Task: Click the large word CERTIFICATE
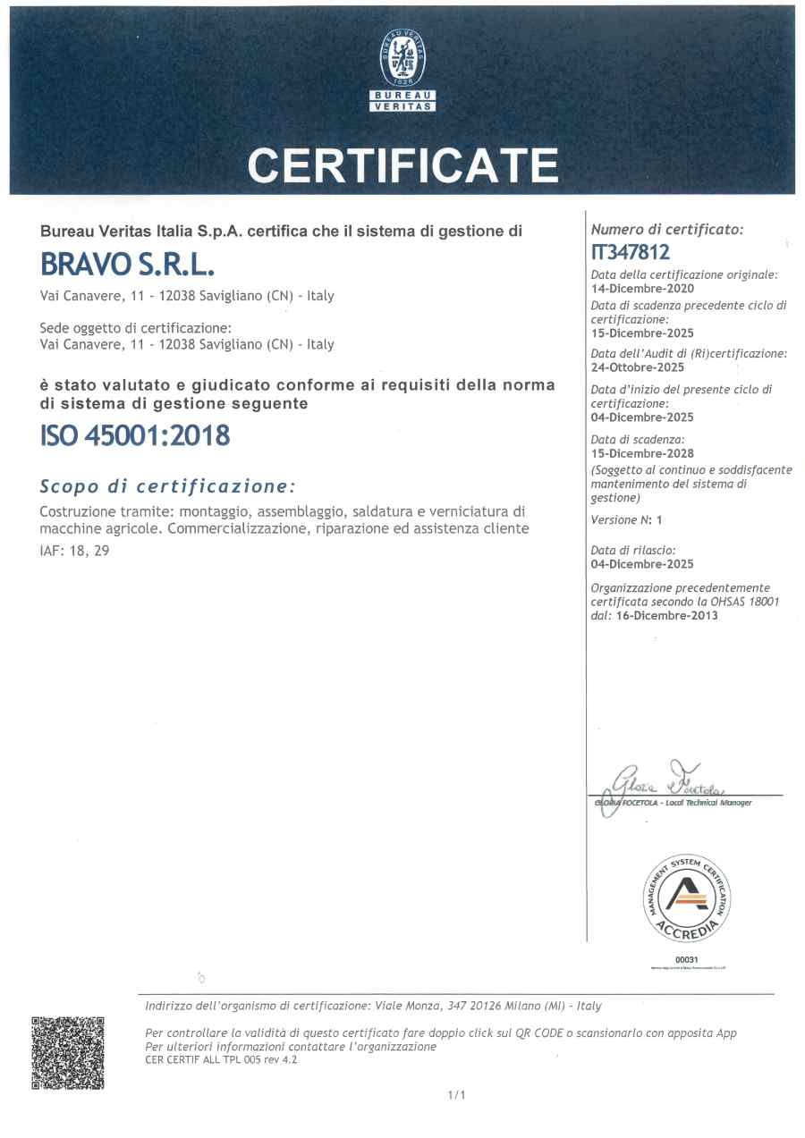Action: coord(402,164)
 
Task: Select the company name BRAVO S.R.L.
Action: coord(128,266)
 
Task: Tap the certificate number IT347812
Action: coord(630,253)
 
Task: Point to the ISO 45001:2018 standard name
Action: coord(135,435)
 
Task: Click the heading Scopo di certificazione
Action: coord(167,486)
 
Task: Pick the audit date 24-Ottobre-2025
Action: coord(638,367)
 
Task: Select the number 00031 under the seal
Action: coord(687,959)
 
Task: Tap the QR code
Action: coord(68,1052)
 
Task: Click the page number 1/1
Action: coord(456,1094)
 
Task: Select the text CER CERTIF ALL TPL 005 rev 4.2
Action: coord(221,1060)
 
